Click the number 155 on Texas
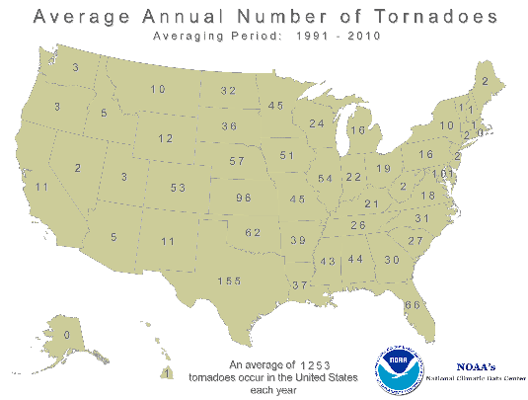click(230, 281)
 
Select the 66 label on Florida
click(412, 305)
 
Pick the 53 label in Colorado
click(179, 188)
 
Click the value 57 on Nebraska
click(237, 160)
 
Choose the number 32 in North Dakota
click(229, 91)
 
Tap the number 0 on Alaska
click(66, 335)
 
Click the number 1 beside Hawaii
click(168, 372)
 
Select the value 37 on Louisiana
click(300, 285)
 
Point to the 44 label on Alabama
click(355, 259)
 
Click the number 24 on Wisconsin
click(317, 124)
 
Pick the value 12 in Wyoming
click(166, 138)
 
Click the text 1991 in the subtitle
click(300, 37)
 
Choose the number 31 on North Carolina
click(421, 218)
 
